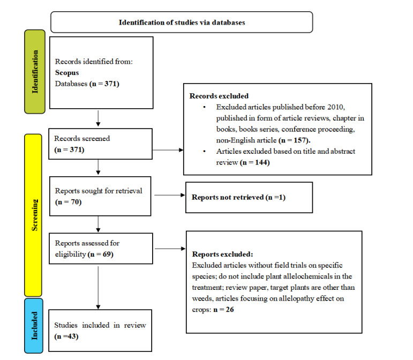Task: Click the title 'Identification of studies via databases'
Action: (181, 23)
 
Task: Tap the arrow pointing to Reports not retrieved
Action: (168, 198)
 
